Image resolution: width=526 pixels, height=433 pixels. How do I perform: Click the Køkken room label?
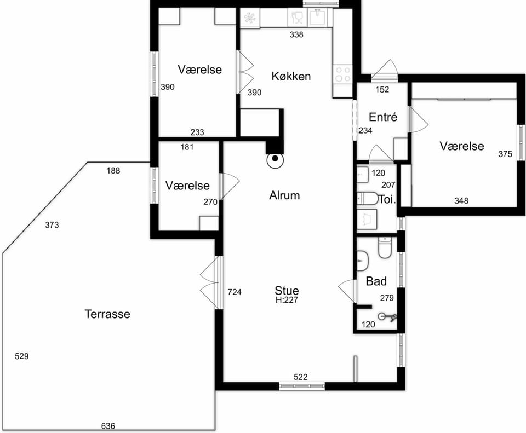pyautogui.click(x=291, y=76)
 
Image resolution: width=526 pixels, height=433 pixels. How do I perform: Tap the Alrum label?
pyautogui.click(x=284, y=195)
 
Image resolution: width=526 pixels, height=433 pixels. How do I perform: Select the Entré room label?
pyautogui.click(x=383, y=117)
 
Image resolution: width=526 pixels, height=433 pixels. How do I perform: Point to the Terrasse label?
pyautogui.click(x=107, y=314)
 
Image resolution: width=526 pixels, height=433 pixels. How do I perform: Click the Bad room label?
pyautogui.click(x=376, y=281)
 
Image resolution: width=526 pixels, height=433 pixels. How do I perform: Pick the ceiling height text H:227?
pyautogui.click(x=287, y=300)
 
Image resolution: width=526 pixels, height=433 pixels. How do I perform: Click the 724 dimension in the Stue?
pyautogui.click(x=235, y=292)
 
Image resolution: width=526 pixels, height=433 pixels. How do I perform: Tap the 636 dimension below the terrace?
pyautogui.click(x=108, y=426)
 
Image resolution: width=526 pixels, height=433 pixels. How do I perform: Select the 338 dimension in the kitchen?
pyautogui.click(x=296, y=34)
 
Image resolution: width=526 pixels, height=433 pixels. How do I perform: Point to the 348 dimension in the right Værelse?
pyautogui.click(x=461, y=201)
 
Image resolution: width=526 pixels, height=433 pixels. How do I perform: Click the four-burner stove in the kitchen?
pyautogui.click(x=343, y=74)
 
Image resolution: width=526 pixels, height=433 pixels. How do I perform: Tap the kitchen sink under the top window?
pyautogui.click(x=317, y=17)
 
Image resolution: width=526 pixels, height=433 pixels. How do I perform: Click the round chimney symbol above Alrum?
pyautogui.click(x=275, y=160)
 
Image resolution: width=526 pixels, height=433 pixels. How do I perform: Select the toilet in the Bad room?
pyautogui.click(x=385, y=248)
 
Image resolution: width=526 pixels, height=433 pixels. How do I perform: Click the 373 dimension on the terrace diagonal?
pyautogui.click(x=52, y=225)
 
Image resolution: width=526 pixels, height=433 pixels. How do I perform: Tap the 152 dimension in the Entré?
pyautogui.click(x=382, y=89)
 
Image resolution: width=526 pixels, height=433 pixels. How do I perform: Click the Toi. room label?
pyautogui.click(x=387, y=200)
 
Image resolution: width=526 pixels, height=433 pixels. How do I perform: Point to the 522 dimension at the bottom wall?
pyautogui.click(x=301, y=377)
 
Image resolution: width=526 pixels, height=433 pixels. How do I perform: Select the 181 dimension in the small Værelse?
pyautogui.click(x=187, y=147)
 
